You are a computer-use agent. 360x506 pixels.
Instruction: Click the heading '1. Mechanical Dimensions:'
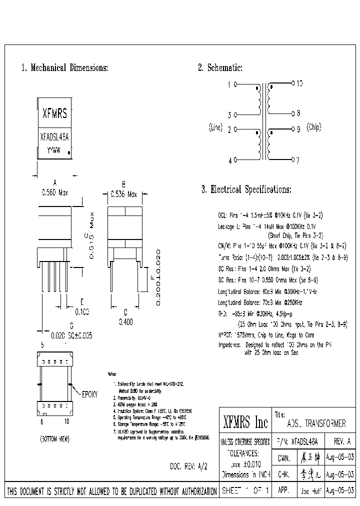click(64, 67)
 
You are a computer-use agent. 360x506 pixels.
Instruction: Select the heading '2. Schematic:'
click(220, 67)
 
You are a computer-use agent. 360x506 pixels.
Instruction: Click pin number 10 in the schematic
click(299, 84)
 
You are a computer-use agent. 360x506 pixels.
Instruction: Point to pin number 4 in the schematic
click(230, 161)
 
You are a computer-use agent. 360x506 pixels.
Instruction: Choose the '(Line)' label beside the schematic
click(215, 128)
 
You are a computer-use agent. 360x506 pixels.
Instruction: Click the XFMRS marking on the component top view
click(54, 114)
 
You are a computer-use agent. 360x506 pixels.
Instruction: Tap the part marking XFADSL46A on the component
click(54, 136)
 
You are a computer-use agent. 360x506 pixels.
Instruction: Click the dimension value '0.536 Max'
click(123, 193)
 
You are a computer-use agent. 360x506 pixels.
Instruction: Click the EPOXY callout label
click(91, 393)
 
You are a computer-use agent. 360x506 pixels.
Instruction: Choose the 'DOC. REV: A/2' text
click(188, 466)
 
